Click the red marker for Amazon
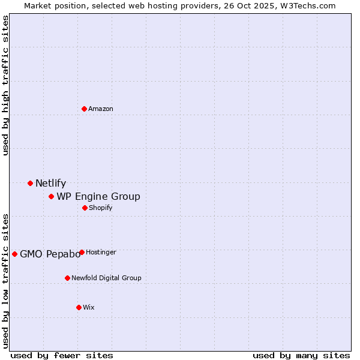coord(84,109)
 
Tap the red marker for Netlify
coord(30,183)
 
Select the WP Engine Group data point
coord(52,196)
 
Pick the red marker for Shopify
coord(85,208)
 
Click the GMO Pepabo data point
coord(14,254)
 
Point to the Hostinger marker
coord(82,252)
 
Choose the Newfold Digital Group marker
coord(67,278)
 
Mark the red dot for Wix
coord(79,307)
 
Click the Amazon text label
coord(101,109)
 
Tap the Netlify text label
coord(50,184)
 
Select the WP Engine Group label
coord(98,197)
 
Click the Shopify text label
coord(100,208)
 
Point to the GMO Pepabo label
coord(50,254)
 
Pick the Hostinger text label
coord(101,252)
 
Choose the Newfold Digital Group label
coord(106,278)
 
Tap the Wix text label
coord(89,307)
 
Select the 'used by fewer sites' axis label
coord(62,355)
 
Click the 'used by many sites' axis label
coord(301,355)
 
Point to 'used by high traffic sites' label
coord(5,85)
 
